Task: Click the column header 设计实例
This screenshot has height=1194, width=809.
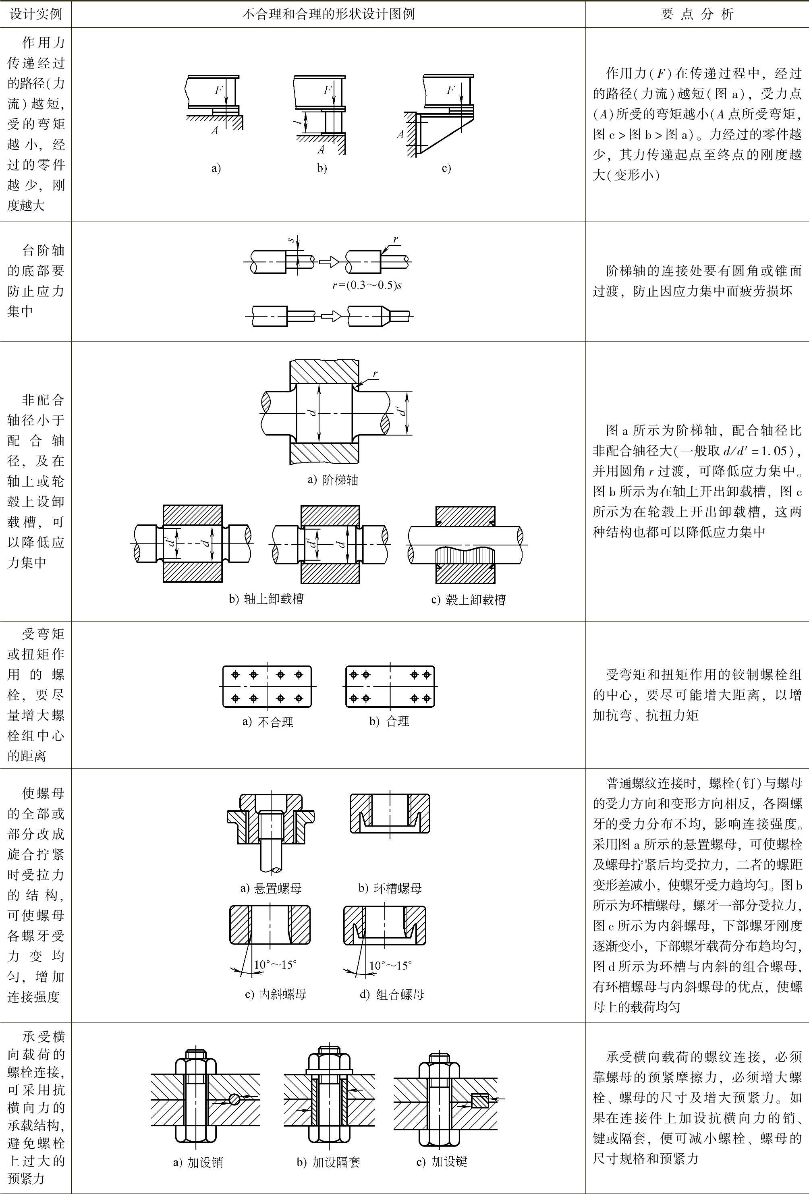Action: tap(35, 14)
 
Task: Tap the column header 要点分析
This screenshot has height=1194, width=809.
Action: tap(697, 14)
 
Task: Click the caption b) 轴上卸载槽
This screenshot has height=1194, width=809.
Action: tap(266, 599)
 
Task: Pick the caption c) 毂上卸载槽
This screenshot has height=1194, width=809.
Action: tap(468, 599)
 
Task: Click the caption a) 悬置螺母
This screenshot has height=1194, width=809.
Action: tap(271, 888)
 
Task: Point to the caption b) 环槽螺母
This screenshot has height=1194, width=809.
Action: tap(390, 888)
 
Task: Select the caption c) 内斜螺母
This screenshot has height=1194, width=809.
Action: tap(276, 994)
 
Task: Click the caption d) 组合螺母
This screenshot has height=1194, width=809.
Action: tap(392, 995)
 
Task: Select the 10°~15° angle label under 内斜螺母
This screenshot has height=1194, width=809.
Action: tap(276, 964)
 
